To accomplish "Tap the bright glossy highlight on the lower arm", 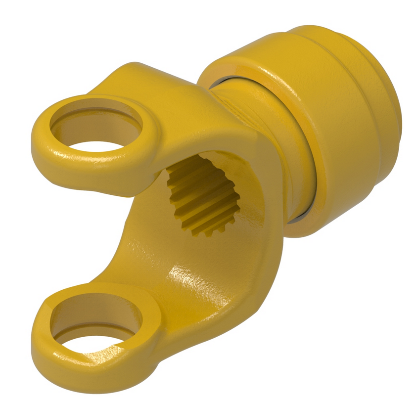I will tap(183, 277).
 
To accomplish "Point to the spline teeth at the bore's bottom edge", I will tap(208, 227).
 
